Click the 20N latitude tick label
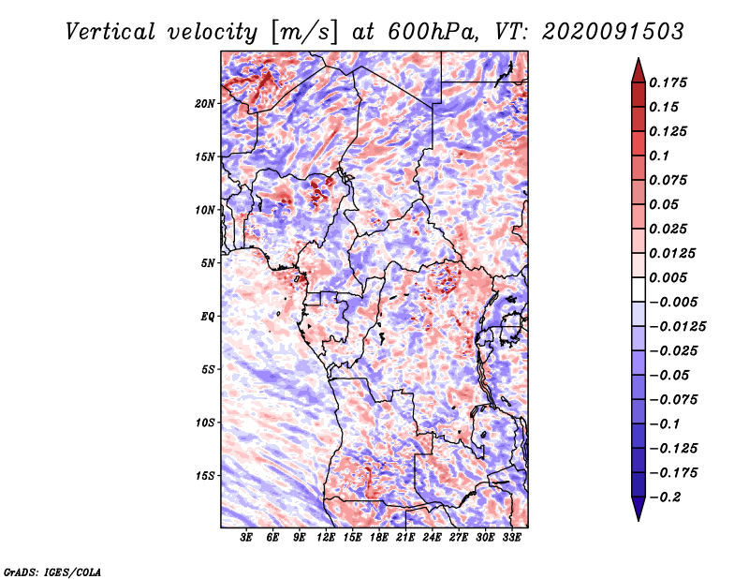tap(205, 104)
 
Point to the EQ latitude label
tap(208, 317)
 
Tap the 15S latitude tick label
tap(205, 476)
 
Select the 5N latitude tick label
tap(208, 263)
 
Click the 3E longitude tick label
tap(246, 537)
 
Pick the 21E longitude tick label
tap(405, 537)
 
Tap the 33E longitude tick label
tap(511, 537)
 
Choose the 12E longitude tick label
tap(326, 537)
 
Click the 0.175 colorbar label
tap(668, 82)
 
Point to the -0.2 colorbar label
tap(665, 497)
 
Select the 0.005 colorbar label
tap(668, 277)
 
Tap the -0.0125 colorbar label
tap(677, 327)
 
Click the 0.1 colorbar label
tap(659, 156)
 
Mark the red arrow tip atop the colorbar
tap(639, 58)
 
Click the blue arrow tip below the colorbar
tap(639, 521)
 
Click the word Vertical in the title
tap(110, 32)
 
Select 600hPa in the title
tap(433, 32)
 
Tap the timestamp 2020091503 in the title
tap(613, 32)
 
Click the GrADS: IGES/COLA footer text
tap(52, 572)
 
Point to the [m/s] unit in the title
tap(304, 33)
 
